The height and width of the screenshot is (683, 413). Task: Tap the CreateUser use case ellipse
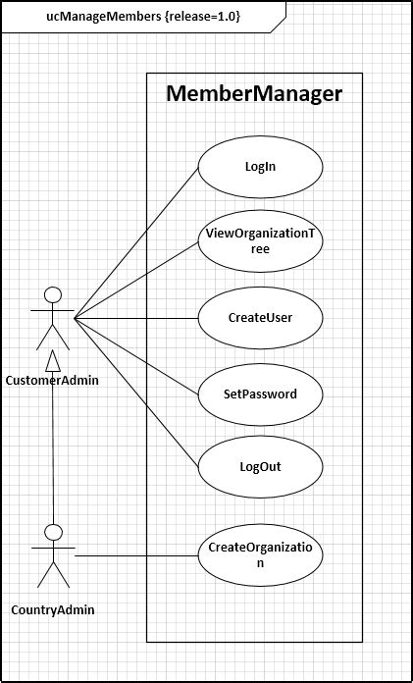click(260, 318)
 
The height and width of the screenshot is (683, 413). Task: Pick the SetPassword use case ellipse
click(260, 394)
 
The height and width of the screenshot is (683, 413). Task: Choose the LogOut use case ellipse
click(260, 467)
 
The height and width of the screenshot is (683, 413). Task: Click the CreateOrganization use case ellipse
click(260, 556)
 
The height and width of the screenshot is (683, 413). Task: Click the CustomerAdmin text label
click(52, 381)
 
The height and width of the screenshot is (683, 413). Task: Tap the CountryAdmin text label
click(53, 610)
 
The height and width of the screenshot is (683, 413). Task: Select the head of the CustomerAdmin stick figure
click(54, 293)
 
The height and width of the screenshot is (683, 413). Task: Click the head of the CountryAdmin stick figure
click(54, 531)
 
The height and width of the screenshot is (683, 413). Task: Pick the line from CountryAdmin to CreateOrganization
click(137, 556)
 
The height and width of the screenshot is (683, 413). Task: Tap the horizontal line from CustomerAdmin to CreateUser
click(137, 318)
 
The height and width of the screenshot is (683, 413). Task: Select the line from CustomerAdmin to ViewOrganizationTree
click(137, 280)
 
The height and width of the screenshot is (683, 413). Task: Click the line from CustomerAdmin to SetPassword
click(137, 355)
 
